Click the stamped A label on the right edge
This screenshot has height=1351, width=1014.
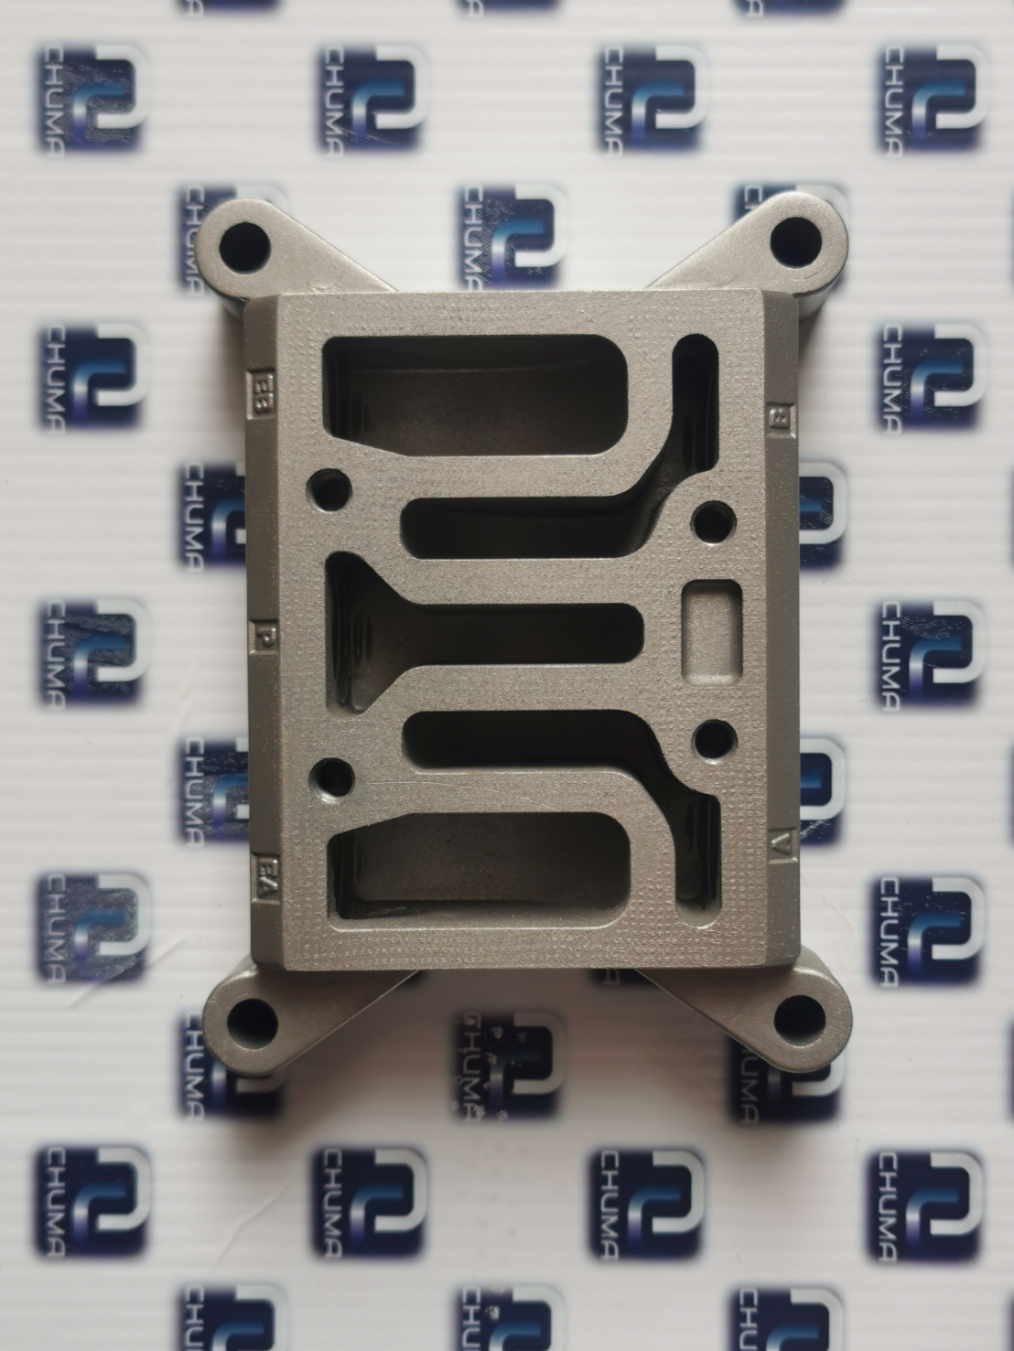tap(781, 842)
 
